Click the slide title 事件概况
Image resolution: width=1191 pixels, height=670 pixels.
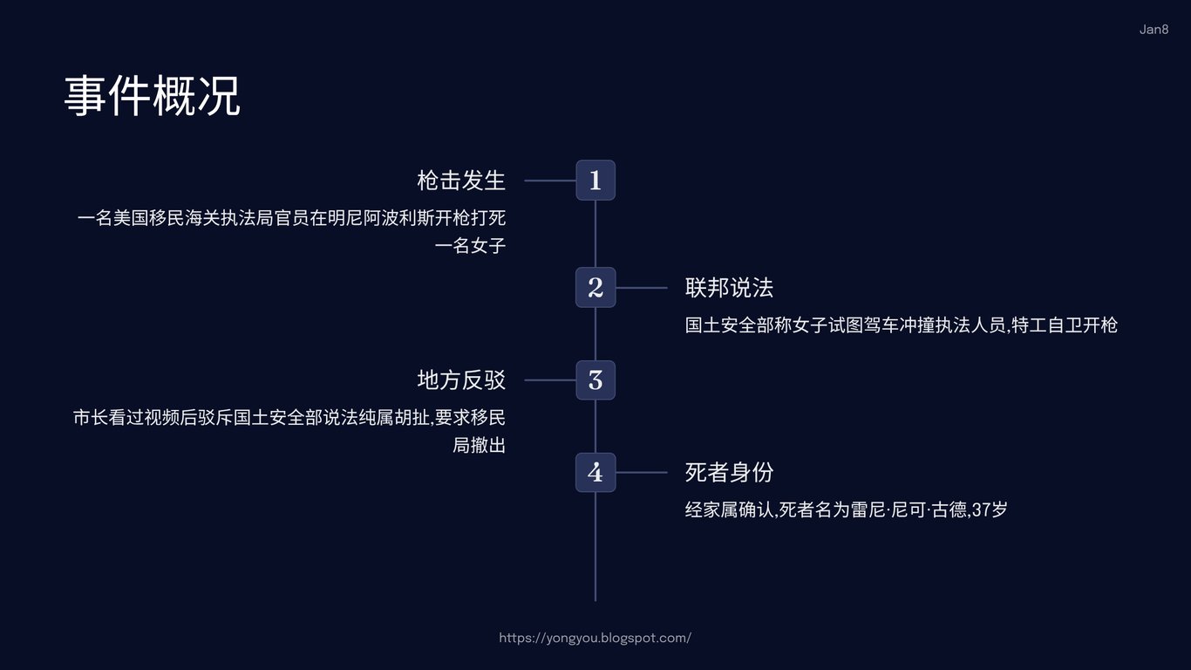(x=152, y=96)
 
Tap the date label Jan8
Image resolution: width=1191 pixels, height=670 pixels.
(x=1154, y=30)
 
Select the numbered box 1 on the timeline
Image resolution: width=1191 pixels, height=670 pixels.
(x=595, y=181)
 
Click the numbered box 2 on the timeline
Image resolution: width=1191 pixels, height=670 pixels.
(x=595, y=288)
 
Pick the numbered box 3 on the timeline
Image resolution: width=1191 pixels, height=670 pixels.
(x=595, y=380)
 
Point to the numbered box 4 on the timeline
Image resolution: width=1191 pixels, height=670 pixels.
(x=595, y=473)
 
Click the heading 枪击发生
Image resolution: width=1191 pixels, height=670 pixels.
(x=461, y=181)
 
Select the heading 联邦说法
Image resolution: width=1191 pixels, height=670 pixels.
(x=729, y=288)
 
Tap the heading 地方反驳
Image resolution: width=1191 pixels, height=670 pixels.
(x=461, y=380)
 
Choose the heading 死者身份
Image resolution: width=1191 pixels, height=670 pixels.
(x=729, y=473)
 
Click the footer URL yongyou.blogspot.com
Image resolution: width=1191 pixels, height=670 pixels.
(x=595, y=638)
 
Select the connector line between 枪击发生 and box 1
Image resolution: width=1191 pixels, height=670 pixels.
(x=550, y=181)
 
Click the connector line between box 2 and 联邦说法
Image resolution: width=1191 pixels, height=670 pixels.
(x=641, y=288)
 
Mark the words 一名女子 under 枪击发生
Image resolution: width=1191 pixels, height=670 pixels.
(x=470, y=246)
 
